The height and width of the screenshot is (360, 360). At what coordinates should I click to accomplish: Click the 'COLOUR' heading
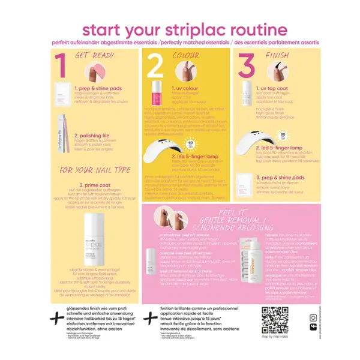tap(185, 55)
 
